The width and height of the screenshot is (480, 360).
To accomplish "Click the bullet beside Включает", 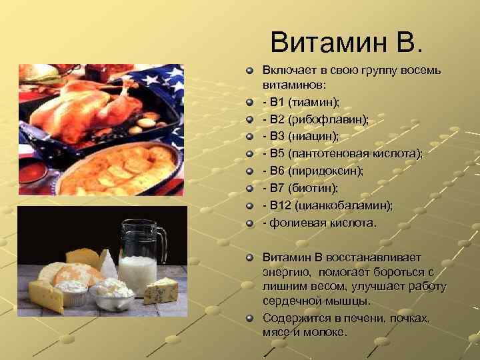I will pyautogui.click(x=249, y=70).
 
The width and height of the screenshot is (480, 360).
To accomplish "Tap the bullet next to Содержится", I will pyautogui.click(x=249, y=318).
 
